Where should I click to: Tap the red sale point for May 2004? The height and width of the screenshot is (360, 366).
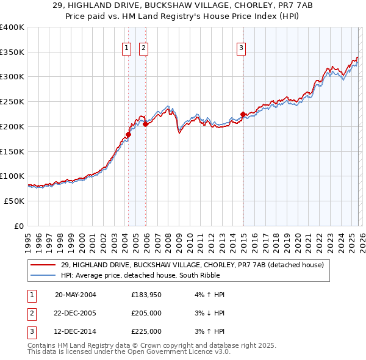click(129, 134)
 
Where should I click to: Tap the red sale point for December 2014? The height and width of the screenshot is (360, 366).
click(243, 114)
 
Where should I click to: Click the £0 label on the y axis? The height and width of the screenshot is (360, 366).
click(18, 226)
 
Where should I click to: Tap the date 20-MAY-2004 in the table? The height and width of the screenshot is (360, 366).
click(75, 295)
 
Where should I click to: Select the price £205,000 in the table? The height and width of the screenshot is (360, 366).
click(146, 313)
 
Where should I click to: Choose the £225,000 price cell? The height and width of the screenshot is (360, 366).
click(146, 331)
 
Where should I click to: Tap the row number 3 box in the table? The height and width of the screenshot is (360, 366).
click(32, 331)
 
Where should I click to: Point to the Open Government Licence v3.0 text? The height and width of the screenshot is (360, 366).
click(174, 351)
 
